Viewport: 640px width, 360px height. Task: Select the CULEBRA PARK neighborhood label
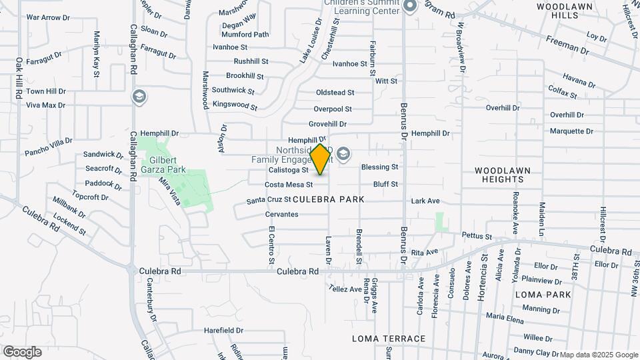coord(328,199)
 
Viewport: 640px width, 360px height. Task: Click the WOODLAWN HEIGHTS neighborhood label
coord(503,175)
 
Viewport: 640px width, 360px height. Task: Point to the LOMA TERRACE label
coord(389,339)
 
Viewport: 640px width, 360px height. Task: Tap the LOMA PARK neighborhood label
coord(543,294)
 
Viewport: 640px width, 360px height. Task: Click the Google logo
coord(22,351)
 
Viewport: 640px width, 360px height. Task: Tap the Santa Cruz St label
coord(269,200)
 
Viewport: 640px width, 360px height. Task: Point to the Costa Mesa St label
coord(289,185)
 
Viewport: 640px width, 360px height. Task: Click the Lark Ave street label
coord(425,201)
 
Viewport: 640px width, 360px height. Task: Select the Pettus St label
coord(477,236)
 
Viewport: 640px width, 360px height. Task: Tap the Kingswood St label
coord(235,105)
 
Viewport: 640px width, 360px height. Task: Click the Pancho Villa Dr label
coord(48,142)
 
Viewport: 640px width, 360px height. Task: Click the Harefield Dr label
coord(223,330)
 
